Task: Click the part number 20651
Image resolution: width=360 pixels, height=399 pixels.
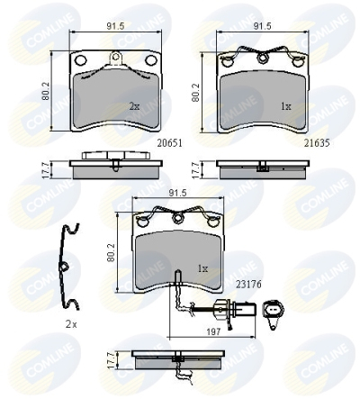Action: (170, 143)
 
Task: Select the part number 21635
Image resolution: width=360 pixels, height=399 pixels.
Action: (317, 143)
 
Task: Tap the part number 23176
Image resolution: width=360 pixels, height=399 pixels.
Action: (248, 284)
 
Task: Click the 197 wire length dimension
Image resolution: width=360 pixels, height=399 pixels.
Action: (213, 331)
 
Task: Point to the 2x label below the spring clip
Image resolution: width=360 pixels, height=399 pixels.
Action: (71, 324)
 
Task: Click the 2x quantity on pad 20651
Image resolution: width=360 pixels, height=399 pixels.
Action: (134, 106)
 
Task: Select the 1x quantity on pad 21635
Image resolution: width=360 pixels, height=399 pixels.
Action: (286, 106)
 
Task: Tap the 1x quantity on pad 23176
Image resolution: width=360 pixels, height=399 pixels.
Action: (202, 268)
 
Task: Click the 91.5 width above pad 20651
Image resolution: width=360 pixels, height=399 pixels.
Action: (115, 26)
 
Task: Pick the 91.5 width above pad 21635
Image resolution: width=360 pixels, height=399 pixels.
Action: (262, 26)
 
